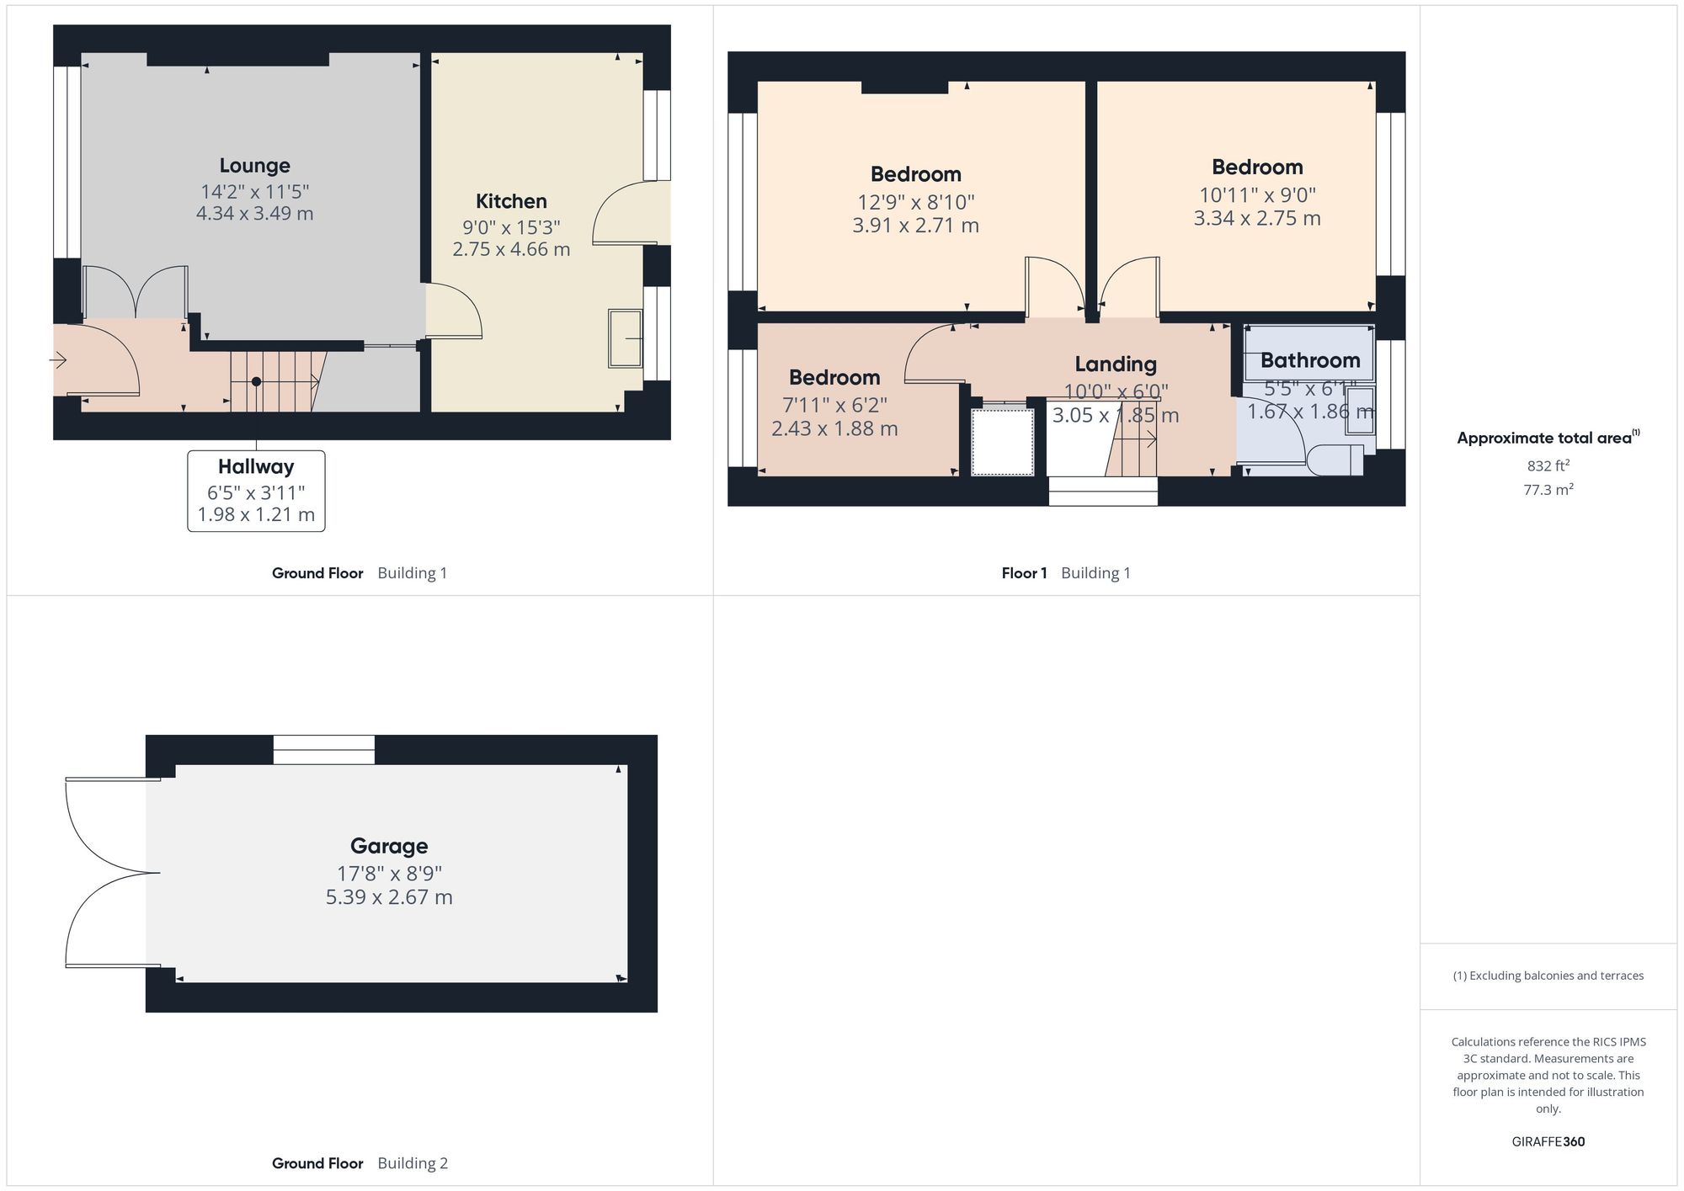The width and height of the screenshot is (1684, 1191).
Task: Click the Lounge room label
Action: tap(254, 166)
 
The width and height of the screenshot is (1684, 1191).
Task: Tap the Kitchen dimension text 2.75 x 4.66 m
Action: tap(511, 250)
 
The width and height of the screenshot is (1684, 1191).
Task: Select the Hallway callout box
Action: tap(256, 491)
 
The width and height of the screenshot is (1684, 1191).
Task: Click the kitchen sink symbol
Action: tap(625, 338)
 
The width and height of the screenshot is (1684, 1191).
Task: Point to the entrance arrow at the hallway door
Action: tap(58, 361)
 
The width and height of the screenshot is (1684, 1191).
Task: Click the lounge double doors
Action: tap(136, 292)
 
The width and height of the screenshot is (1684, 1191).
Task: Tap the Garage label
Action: tap(389, 846)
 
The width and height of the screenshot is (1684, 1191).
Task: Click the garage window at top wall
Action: tap(324, 750)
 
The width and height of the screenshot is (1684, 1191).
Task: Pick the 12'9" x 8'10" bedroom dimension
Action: tap(915, 202)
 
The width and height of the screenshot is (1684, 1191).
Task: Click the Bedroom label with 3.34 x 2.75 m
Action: tap(1256, 167)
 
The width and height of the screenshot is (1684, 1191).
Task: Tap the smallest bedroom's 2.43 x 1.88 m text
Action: tap(834, 428)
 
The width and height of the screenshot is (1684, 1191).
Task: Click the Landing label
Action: tap(1116, 364)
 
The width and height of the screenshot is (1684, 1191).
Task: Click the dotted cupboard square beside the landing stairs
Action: tap(1002, 442)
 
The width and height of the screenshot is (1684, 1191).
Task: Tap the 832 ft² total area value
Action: tap(1548, 466)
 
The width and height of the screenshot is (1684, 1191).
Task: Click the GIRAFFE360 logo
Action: tap(1548, 1142)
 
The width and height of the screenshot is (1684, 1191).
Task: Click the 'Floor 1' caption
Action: tap(1024, 573)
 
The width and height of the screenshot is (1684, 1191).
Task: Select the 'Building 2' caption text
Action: tap(413, 1163)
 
